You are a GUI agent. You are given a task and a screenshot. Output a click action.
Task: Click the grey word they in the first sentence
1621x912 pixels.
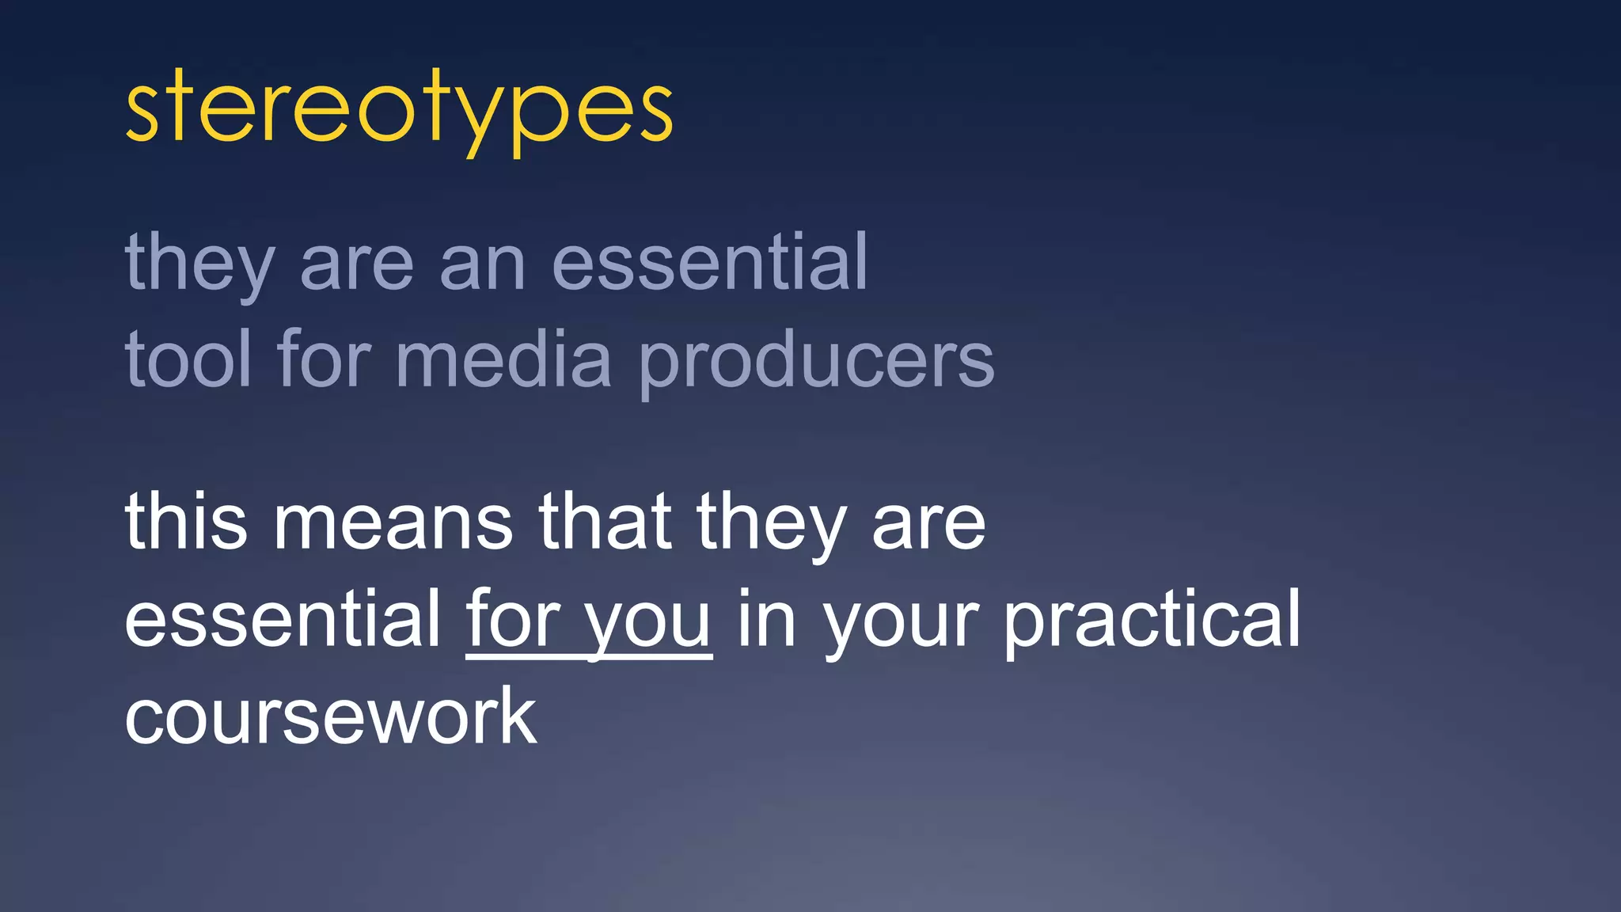[199, 263]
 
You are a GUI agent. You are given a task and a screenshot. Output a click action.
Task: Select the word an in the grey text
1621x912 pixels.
[482, 264]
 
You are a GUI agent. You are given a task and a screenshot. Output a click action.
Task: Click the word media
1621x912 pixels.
[503, 359]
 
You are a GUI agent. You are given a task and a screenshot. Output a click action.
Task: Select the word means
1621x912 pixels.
[393, 522]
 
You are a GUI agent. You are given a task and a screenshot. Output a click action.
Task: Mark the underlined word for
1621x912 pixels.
[512, 619]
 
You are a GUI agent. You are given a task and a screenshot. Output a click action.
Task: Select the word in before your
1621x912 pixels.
[765, 619]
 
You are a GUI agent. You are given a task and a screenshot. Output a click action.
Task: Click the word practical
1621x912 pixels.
[1152, 621]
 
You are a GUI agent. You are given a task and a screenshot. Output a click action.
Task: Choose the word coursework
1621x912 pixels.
[331, 716]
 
